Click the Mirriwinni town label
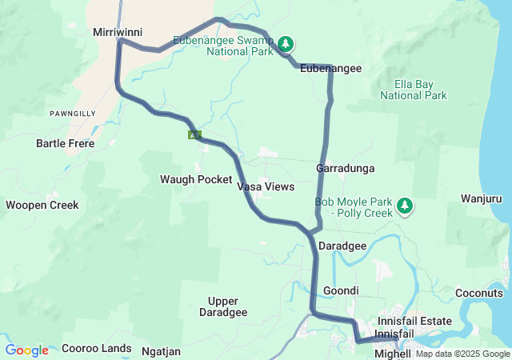(117, 32)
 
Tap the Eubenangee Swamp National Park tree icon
(286, 43)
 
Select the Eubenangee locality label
(330, 69)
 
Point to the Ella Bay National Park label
(413, 89)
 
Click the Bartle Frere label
(66, 144)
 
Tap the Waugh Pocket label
(196, 179)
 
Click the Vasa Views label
(266, 186)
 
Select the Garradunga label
(346, 169)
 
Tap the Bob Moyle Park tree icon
(405, 207)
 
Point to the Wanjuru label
(486, 198)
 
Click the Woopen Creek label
(42, 205)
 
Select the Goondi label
(341, 290)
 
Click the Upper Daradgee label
(227, 306)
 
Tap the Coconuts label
(478, 293)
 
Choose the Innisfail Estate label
(415, 321)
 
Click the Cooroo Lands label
(96, 349)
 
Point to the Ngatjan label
(161, 350)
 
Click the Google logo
(26, 350)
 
